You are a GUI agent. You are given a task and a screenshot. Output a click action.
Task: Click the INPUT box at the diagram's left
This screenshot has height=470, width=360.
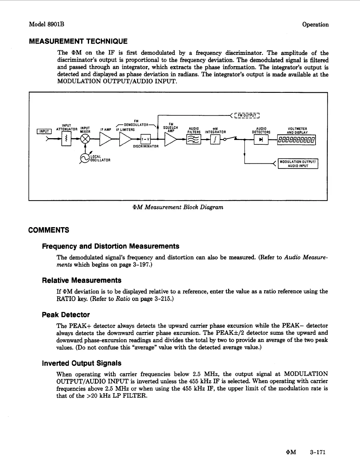(44, 131)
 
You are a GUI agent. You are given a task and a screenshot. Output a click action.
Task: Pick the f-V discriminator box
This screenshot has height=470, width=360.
(146, 139)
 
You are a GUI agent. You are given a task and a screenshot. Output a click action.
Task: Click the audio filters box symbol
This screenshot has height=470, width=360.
(193, 139)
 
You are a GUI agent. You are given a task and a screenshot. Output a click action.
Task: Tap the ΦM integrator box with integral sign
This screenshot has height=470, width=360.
(215, 139)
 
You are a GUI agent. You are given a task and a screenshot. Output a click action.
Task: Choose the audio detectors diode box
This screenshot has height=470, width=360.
(261, 139)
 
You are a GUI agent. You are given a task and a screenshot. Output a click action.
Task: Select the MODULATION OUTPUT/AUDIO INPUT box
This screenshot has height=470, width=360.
(298, 164)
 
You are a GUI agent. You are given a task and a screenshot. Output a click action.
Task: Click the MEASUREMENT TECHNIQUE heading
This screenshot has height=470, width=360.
(78, 41)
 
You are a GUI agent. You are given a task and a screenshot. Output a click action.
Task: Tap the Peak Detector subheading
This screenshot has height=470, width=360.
(66, 315)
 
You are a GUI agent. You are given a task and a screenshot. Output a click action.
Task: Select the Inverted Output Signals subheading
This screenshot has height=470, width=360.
(82, 363)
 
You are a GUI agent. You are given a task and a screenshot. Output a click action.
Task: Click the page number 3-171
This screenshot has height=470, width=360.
(318, 452)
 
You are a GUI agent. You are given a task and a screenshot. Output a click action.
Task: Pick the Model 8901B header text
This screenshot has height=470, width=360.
(47, 24)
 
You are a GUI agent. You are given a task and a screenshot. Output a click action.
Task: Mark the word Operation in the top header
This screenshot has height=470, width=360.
(315, 25)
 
